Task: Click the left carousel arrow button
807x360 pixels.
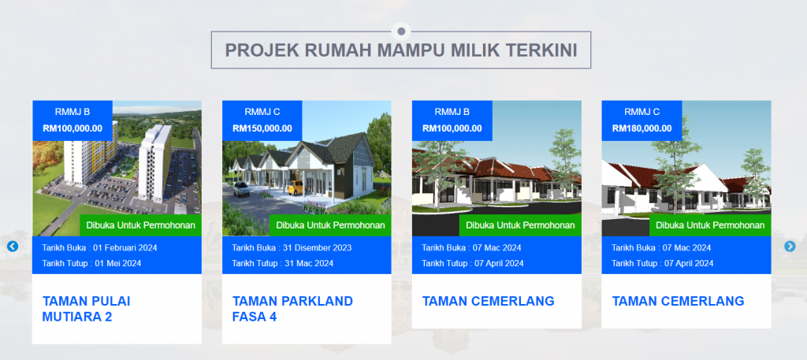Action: pos(13,247)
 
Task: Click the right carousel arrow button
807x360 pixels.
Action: pos(790,247)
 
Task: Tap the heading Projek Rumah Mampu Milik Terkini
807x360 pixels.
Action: pos(401,50)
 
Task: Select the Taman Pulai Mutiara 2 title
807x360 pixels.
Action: pos(86,309)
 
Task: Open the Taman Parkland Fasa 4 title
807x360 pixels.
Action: pos(292,309)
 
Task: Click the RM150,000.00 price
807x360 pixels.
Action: pos(262,128)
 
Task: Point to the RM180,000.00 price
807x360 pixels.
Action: pos(642,128)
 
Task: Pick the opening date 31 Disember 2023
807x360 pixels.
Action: pos(317,248)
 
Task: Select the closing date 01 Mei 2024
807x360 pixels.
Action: pos(117,263)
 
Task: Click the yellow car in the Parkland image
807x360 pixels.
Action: pos(296,187)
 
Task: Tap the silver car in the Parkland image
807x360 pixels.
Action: pos(242,189)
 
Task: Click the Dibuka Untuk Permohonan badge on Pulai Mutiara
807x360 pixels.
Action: pos(140,225)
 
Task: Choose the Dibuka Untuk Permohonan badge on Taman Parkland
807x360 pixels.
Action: pos(330,225)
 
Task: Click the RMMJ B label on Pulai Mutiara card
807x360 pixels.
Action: pos(73,112)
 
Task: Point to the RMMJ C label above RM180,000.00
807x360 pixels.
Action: pos(642,112)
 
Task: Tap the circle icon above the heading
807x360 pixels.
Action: pos(401,32)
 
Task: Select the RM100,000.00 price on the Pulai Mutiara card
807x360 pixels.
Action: pos(73,128)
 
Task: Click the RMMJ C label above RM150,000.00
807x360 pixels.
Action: pos(262,112)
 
